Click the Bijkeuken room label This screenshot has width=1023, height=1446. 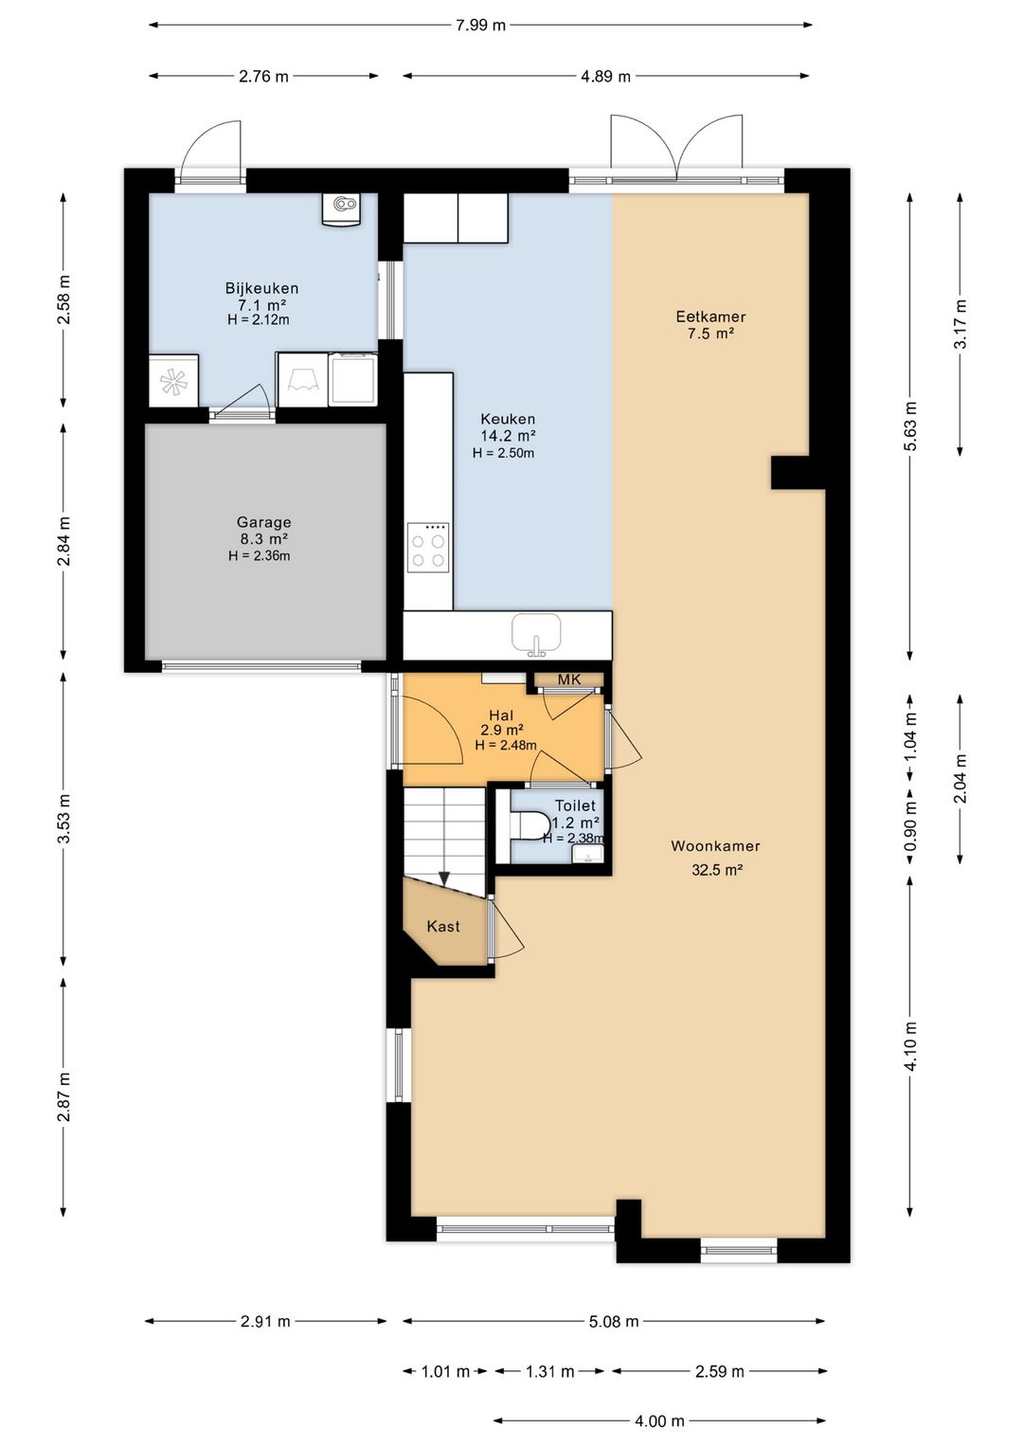[261, 288]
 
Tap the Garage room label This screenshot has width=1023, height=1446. [263, 521]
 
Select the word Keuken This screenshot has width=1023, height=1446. [508, 419]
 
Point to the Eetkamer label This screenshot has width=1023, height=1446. [710, 316]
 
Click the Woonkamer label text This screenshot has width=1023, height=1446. [715, 845]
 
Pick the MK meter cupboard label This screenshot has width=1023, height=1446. [569, 679]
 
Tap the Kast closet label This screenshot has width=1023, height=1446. [443, 927]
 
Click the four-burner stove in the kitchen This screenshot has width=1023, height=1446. [428, 548]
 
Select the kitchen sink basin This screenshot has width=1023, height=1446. [536, 634]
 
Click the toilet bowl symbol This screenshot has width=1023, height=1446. [530, 825]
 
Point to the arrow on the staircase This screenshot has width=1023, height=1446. [444, 879]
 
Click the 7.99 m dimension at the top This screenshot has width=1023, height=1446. [481, 26]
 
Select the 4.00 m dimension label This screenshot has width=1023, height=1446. [659, 1420]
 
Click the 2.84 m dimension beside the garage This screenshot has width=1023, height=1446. [63, 541]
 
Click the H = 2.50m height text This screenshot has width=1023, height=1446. [503, 453]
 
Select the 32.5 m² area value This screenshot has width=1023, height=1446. [717, 870]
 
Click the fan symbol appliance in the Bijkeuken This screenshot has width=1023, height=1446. [173, 381]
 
